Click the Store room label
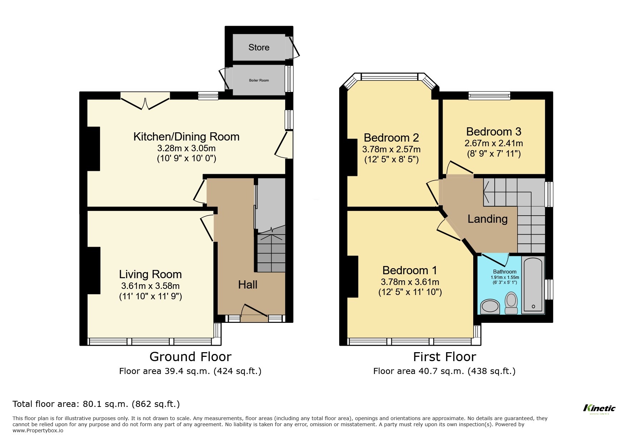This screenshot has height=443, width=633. (259, 47)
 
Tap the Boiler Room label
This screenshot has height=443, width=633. (259, 80)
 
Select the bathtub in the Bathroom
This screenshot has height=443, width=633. (533, 285)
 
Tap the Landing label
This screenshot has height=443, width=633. (488, 219)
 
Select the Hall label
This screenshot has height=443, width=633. (248, 285)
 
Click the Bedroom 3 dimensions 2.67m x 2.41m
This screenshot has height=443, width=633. (493, 143)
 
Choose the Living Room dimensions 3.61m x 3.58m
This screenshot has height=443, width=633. (150, 286)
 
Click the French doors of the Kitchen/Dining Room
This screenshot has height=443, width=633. (145, 100)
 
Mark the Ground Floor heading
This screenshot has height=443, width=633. (190, 356)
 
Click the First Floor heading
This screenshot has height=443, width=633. (444, 356)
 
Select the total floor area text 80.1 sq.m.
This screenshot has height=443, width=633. (96, 404)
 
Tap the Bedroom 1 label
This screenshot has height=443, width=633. (410, 270)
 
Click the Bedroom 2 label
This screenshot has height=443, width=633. (391, 137)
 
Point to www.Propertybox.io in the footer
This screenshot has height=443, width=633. (38, 430)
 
